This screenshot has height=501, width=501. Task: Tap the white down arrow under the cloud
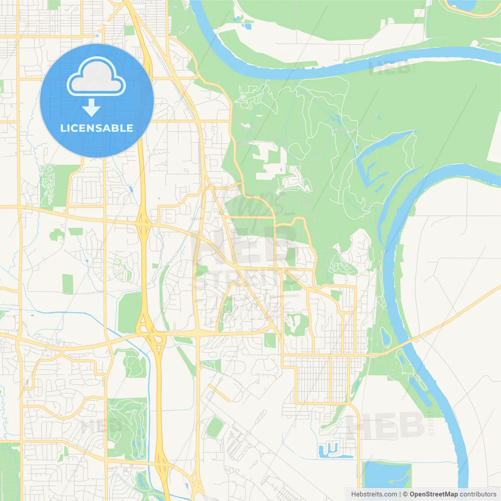pos(91,108)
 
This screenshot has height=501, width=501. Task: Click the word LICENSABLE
pos(97,128)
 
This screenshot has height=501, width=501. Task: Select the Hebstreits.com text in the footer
pos(374,494)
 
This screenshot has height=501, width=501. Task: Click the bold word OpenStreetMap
pos(433,494)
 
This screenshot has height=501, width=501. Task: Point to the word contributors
pos(478,494)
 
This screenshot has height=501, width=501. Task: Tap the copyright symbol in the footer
pos(405,494)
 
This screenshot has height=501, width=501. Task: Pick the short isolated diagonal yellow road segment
pos(219,393)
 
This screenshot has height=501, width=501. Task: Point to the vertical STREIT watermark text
pos(431,423)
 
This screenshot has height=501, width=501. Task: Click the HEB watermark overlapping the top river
pos(391,67)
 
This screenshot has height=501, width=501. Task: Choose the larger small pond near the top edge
pos(247,27)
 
